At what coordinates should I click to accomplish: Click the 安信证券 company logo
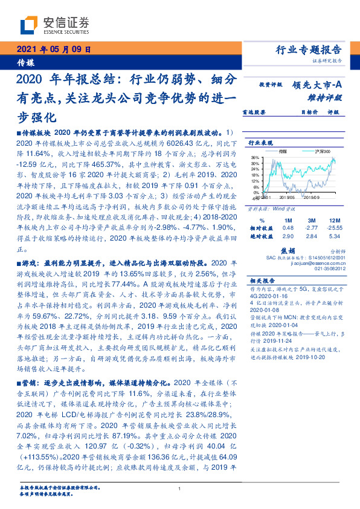tap(55, 25)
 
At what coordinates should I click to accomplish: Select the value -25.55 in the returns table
tap(329, 228)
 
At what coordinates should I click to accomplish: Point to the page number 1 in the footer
tap(180, 488)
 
